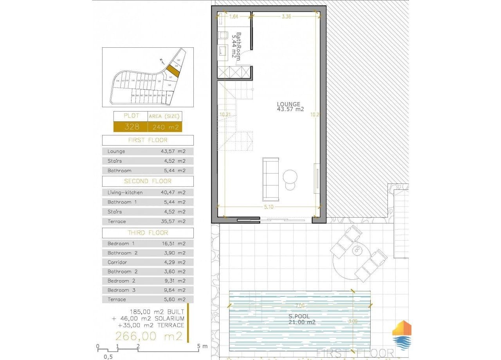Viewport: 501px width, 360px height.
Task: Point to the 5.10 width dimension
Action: click(269, 207)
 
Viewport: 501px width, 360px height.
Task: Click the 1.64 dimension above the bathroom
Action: click(234, 16)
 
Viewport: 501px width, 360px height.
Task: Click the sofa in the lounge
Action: click(271, 178)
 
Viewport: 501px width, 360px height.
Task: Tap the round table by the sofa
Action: click(291, 176)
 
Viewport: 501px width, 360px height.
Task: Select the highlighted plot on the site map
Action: click(173, 70)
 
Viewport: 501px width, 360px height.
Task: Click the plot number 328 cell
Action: click(130, 127)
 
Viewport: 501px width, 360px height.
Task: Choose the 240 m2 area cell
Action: click(164, 127)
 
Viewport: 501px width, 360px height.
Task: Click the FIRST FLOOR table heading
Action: click(148, 140)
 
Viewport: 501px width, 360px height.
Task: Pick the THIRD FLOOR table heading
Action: click(148, 233)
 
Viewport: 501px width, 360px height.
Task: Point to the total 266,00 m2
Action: click(149, 336)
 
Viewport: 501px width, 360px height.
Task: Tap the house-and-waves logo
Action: click(402, 335)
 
